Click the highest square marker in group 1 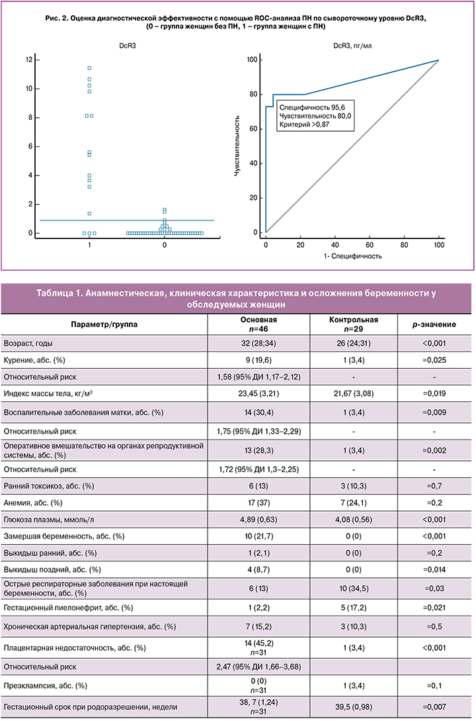coord(89,68)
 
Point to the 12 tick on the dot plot coord(28,60)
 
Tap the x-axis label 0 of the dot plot coord(164,246)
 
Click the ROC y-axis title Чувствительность coord(237,146)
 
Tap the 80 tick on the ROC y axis coord(252,95)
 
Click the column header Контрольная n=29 coord(354,324)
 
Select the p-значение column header coord(433,324)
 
